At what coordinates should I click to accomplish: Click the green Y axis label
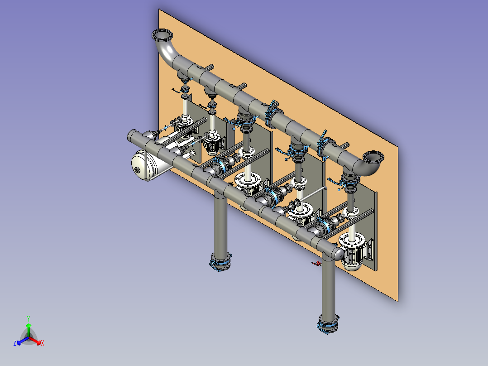pos(29,318)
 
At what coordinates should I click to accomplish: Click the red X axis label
pos(43,343)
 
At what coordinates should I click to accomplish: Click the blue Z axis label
pos(15,343)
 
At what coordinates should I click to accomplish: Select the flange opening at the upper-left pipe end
pos(162,35)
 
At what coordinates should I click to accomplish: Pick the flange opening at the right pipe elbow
pos(373,157)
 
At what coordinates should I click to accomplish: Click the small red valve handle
pos(316,264)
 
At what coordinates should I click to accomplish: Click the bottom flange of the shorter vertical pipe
pos(220,261)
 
